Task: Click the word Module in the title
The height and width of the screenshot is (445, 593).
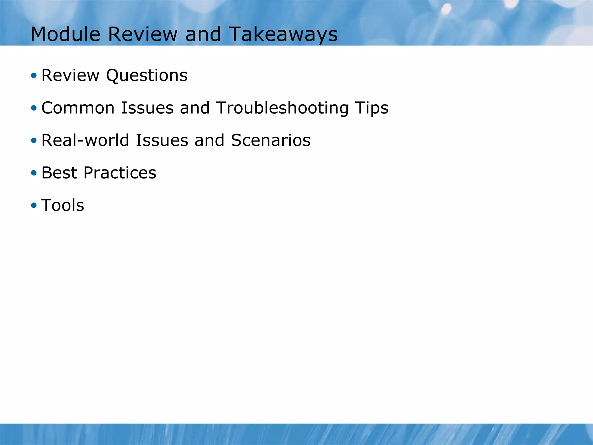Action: pyautogui.click(x=65, y=34)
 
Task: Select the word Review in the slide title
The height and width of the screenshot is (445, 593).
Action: pyautogui.click(x=142, y=34)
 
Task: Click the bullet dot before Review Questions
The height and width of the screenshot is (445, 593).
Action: pyautogui.click(x=34, y=76)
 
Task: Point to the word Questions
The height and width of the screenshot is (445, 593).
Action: pyautogui.click(x=147, y=76)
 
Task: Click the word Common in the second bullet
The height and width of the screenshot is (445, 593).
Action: pyautogui.click(x=78, y=108)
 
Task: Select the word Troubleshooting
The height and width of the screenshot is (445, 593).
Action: pyautogui.click(x=282, y=108)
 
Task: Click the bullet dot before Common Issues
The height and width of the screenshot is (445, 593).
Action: pyautogui.click(x=34, y=108)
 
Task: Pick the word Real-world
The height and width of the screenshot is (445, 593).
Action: pyautogui.click(x=85, y=141)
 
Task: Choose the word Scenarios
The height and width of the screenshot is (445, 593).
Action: pyautogui.click(x=270, y=141)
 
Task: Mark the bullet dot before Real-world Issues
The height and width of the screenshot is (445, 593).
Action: pyautogui.click(x=34, y=141)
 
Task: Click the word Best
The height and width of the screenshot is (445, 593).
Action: pyautogui.click(x=59, y=173)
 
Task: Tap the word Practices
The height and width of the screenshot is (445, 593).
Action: pyautogui.click(x=120, y=173)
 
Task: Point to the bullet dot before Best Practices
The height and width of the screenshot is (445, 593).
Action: pyautogui.click(x=34, y=173)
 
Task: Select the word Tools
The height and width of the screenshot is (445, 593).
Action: pyautogui.click(x=63, y=205)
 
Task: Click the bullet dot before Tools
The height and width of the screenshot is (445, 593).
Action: pyautogui.click(x=34, y=205)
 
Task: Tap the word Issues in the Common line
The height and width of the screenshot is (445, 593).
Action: pyautogui.click(x=147, y=108)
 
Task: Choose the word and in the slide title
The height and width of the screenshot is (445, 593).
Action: pyautogui.click(x=203, y=34)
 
